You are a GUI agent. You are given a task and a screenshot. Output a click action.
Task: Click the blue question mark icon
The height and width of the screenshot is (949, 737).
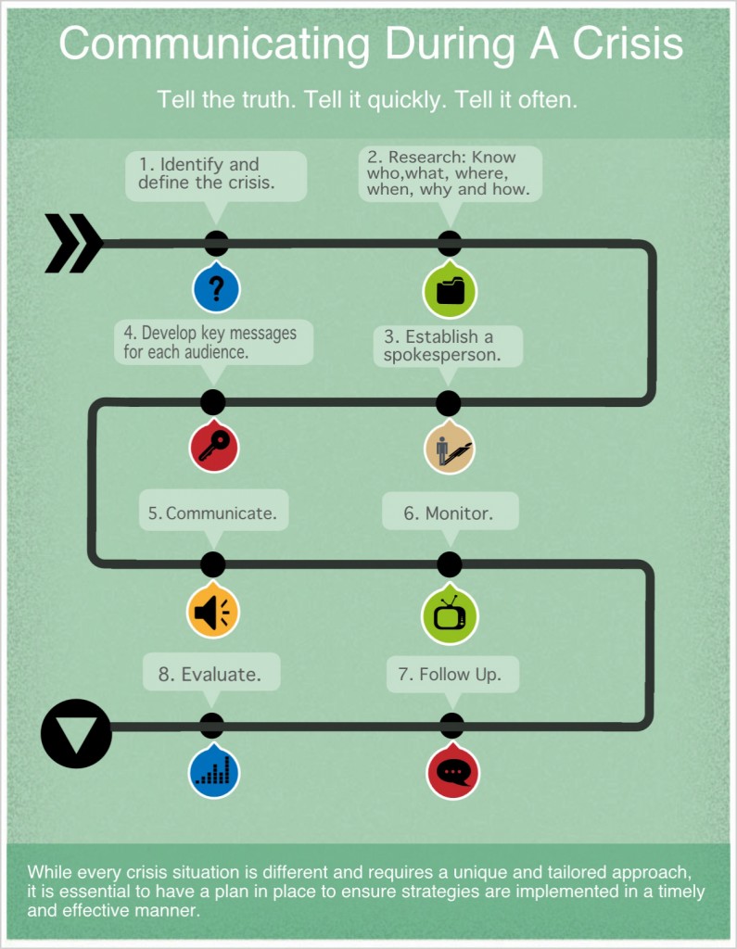click(216, 289)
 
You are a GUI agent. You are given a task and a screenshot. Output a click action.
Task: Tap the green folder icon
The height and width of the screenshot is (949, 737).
click(450, 290)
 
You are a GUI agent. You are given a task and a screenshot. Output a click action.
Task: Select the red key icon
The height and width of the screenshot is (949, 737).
click(214, 448)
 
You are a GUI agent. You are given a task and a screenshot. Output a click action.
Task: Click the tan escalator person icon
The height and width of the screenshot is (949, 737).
click(450, 449)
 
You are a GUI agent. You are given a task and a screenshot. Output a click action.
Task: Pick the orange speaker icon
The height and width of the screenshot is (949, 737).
click(214, 611)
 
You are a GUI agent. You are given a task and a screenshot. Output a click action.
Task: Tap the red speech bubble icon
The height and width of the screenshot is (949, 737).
click(453, 772)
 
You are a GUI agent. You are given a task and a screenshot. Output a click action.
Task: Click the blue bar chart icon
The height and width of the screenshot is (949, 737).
click(214, 771)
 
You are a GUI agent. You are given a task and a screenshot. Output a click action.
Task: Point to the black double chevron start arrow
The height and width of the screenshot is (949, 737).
click(73, 244)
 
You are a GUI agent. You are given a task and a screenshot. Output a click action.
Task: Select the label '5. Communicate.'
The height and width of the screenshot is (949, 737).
click(212, 512)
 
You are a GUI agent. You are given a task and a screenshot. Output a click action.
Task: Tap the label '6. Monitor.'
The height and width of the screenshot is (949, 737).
click(449, 512)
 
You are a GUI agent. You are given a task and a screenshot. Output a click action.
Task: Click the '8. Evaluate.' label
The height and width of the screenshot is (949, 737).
click(210, 675)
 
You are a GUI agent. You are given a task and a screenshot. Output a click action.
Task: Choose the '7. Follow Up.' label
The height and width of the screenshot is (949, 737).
click(451, 675)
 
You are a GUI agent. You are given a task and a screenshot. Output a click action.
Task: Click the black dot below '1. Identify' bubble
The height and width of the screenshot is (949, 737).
click(216, 244)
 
